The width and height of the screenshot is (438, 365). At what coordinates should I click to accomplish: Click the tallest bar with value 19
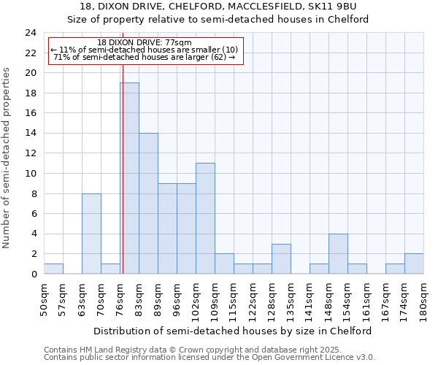129,178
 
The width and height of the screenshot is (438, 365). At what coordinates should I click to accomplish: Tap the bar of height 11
205,218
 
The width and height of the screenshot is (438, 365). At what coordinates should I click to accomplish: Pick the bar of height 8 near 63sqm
91,234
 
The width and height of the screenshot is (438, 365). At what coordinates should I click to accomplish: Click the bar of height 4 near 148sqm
338,253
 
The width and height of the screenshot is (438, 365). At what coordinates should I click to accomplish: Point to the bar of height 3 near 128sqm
281,258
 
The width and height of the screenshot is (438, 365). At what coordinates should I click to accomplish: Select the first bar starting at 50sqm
53,269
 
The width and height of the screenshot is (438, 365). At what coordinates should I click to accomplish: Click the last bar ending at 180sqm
414,264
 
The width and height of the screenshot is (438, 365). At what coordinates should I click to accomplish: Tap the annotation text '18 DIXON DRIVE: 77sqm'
145,43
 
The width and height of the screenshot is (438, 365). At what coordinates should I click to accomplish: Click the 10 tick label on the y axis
31,174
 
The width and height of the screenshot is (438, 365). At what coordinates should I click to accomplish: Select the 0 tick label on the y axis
34,274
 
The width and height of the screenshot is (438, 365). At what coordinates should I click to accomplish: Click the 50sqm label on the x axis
45,296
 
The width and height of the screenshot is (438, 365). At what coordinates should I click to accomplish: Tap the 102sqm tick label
196,298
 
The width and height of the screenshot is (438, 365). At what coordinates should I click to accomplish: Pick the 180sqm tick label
424,298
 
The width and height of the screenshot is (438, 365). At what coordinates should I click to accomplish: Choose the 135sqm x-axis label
291,298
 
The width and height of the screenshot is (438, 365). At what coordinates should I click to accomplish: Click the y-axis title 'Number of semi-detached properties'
7,158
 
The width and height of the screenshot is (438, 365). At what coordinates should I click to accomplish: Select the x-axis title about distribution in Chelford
234,331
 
